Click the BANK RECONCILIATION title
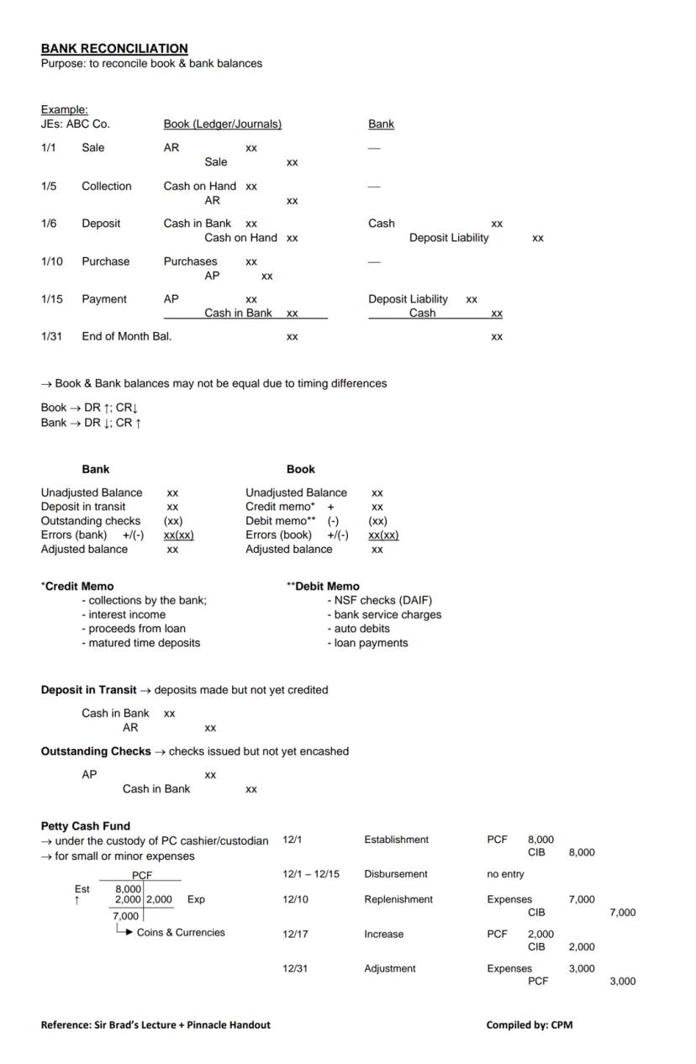tap(114, 49)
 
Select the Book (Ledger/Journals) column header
tap(222, 124)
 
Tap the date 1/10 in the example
tap(51, 261)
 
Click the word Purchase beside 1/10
tap(105, 261)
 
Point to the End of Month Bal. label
tap(126, 336)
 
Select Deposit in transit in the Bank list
tap(83, 507)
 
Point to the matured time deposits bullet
tap(144, 643)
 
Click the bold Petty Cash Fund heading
tap(86, 826)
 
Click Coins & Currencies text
tap(181, 932)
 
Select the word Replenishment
tap(398, 899)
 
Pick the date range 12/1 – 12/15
tap(311, 874)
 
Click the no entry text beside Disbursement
tap(505, 874)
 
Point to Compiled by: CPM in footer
tap(529, 1024)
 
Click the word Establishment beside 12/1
tap(396, 840)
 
